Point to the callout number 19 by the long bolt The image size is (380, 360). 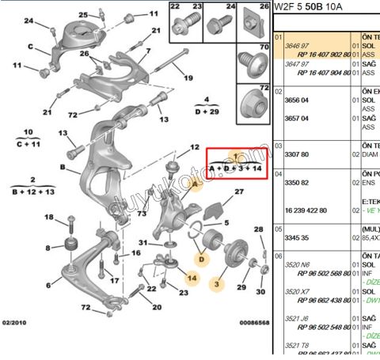pos(188,78)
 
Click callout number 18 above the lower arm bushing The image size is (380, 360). pos(49,218)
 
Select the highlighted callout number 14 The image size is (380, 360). pos(191,278)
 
